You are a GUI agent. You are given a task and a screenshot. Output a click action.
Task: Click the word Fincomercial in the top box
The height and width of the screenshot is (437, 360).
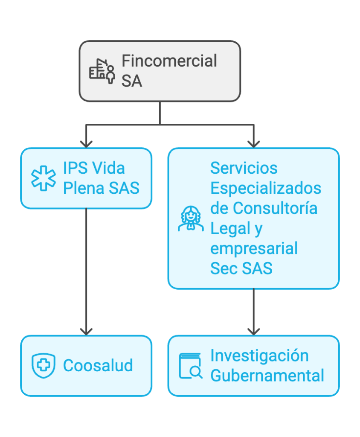[169, 61]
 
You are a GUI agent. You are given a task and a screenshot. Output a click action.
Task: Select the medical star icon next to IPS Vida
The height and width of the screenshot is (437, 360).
[44, 178]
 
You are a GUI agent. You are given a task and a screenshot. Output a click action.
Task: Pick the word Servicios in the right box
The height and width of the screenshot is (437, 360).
[244, 168]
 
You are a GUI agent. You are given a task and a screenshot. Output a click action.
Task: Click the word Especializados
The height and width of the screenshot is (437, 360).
[265, 188]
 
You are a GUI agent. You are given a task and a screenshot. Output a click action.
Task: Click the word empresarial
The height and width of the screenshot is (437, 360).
[254, 248]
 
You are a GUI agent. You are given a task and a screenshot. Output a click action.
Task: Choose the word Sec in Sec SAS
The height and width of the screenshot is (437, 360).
[224, 268]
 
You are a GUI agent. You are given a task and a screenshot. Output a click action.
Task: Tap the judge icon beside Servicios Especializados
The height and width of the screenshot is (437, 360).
[190, 218]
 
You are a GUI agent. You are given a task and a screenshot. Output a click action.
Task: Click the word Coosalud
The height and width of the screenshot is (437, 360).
[98, 366]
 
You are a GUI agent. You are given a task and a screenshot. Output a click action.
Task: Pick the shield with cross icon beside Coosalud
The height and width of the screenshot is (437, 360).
[44, 366]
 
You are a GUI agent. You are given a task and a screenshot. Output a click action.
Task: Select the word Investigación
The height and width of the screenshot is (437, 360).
[259, 356]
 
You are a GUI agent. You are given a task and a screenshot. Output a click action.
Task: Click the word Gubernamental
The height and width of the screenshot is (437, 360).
[267, 376]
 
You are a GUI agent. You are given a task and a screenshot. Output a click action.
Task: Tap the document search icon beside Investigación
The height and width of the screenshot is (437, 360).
[190, 366]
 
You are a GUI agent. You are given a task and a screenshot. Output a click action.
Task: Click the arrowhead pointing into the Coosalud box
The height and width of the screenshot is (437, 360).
[86, 330]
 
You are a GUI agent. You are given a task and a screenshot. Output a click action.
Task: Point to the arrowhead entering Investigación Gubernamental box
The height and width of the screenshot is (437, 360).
[254, 330]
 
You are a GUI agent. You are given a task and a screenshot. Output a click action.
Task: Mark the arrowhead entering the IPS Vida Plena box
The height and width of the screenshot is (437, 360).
[86, 143]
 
